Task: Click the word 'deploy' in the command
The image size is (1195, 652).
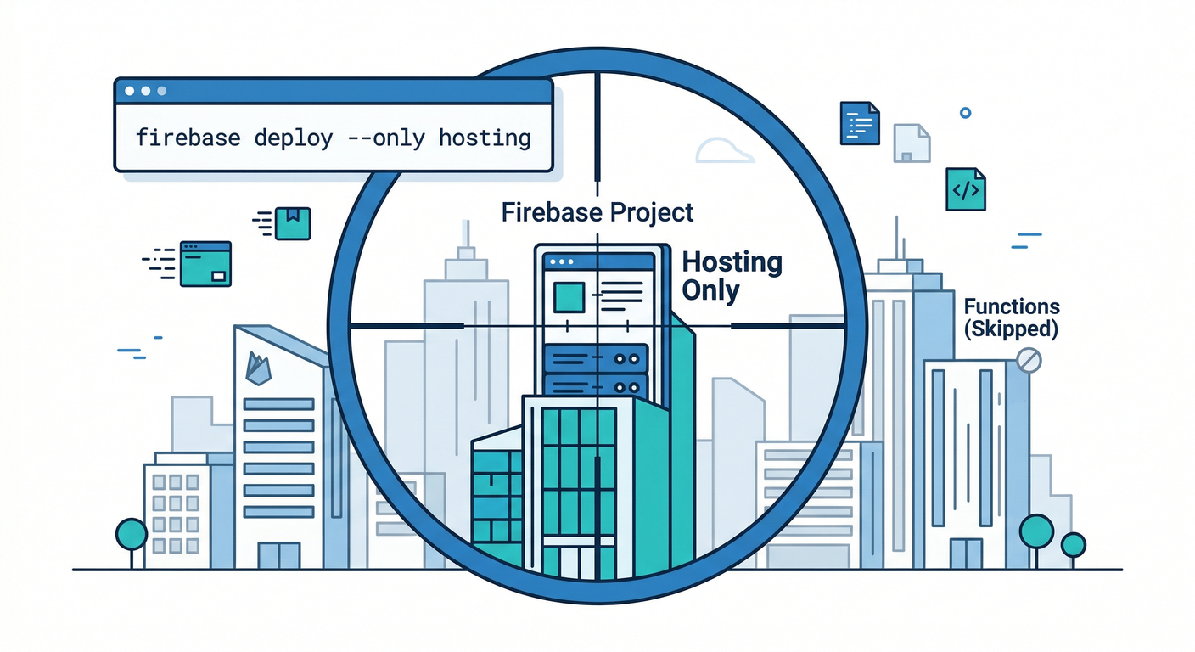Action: pyautogui.click(x=293, y=138)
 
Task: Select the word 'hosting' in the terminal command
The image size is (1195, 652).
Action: pyautogui.click(x=484, y=138)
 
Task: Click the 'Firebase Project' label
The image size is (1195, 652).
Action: pyautogui.click(x=597, y=211)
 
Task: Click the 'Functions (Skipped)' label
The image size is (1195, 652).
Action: pyautogui.click(x=1011, y=317)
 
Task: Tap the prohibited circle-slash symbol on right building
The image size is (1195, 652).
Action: pyautogui.click(x=1028, y=360)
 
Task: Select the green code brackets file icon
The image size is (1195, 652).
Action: pyautogui.click(x=966, y=188)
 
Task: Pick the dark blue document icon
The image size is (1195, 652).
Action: pyautogui.click(x=859, y=123)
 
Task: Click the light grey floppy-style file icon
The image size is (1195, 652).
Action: pyautogui.click(x=912, y=143)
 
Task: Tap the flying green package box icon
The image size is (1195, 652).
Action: pyautogui.click(x=293, y=222)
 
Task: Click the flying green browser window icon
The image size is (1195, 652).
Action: pyautogui.click(x=205, y=263)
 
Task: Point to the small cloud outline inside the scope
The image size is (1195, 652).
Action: pyautogui.click(x=724, y=151)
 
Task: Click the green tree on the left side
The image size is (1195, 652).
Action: pyautogui.click(x=132, y=535)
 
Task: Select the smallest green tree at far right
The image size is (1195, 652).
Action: pyautogui.click(x=1074, y=545)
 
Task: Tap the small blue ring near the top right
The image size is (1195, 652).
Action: pyautogui.click(x=965, y=112)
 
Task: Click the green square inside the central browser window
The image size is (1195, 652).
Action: pyautogui.click(x=568, y=297)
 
